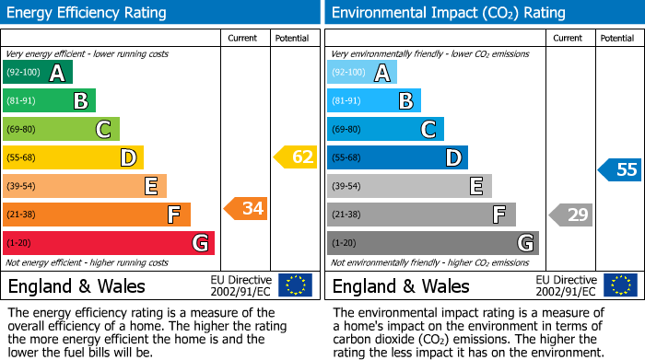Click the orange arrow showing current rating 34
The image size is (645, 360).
246,209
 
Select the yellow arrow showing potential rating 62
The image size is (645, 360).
296,157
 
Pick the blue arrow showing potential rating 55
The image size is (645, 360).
620,169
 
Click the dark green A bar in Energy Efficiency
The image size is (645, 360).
37,73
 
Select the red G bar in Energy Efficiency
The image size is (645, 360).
108,243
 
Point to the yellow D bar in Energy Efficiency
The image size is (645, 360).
73,157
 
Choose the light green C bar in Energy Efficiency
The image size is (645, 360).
61,130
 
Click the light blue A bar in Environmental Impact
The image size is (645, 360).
362,73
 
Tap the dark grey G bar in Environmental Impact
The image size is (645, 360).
432,243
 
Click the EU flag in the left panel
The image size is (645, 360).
295,285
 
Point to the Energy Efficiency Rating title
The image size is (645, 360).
88,13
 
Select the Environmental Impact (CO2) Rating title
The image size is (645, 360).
448,13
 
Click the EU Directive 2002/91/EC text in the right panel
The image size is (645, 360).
566,285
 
